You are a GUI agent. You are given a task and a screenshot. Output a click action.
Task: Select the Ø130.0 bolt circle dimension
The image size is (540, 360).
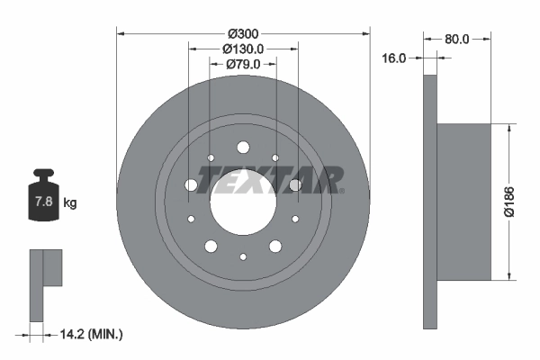click(x=243, y=49)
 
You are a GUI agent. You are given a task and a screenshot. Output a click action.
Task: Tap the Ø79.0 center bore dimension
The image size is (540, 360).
click(x=243, y=64)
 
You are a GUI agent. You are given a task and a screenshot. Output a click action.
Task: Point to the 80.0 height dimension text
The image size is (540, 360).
click(x=457, y=39)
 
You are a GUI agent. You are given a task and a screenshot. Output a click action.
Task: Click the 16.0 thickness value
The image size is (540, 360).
click(x=395, y=58)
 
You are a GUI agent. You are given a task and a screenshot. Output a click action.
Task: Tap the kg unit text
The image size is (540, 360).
click(x=70, y=203)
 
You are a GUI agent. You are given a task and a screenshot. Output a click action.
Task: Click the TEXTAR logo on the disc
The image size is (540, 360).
click(x=271, y=180)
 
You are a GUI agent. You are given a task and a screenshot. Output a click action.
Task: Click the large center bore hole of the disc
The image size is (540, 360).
click(x=243, y=200)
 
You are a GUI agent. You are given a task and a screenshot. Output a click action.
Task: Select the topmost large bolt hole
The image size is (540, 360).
click(x=243, y=148)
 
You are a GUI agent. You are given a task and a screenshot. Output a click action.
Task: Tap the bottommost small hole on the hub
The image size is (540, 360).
click(x=243, y=256)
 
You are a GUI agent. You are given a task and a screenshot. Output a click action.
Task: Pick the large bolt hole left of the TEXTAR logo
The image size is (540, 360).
click(x=191, y=185)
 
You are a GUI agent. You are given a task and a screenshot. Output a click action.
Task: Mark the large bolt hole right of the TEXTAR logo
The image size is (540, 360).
click(x=294, y=185)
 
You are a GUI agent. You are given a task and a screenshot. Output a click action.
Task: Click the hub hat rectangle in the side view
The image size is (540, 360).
click(x=463, y=200)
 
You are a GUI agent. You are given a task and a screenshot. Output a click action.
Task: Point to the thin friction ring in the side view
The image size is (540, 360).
click(x=429, y=200)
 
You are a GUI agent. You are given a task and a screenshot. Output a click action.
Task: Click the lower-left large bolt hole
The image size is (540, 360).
click(x=211, y=246)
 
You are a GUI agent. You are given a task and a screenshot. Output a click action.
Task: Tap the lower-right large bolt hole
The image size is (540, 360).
click(x=274, y=246)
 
